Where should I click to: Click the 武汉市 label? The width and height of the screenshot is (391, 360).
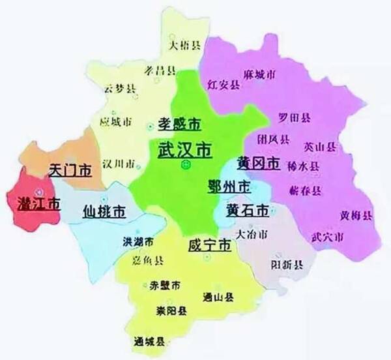point(184,149)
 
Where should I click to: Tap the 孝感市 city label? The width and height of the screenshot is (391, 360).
point(179,123)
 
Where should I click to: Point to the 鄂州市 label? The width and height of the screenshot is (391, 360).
point(228,187)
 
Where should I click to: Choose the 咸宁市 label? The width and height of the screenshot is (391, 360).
point(209,246)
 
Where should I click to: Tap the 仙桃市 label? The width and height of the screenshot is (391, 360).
point(104,211)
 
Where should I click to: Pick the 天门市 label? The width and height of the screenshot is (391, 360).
point(70,172)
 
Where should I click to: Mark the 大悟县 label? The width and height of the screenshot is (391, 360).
point(184,45)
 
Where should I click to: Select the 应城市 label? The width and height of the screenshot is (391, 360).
point(116,122)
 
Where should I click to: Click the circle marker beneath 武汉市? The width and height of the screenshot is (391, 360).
point(185,166)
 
